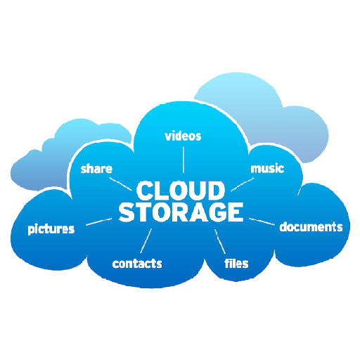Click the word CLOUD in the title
click(181, 191)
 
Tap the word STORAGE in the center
click(181, 212)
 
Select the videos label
click(183, 136)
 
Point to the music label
click(267, 169)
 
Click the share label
click(96, 169)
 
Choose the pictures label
click(51, 229)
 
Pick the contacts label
click(137, 264)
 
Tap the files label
click(236, 263)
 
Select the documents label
click(311, 226)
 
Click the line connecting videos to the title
click(184, 160)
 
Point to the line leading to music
click(243, 184)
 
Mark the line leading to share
click(120, 184)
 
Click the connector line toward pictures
click(99, 222)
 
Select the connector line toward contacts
click(146, 241)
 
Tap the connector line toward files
click(220, 242)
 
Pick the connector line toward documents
click(262, 221)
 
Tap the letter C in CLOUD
click(144, 191)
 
